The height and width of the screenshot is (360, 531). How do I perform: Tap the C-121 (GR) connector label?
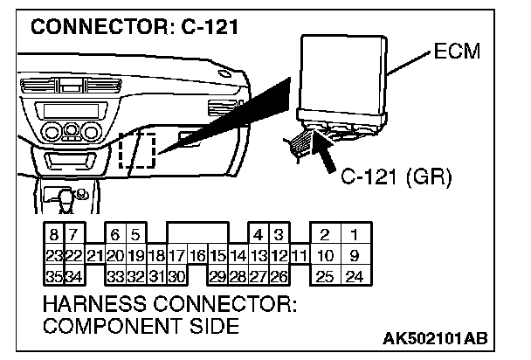pos(395,179)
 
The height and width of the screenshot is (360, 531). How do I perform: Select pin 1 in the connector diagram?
pos(355,235)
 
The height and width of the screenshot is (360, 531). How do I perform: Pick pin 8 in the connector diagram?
pos(54,235)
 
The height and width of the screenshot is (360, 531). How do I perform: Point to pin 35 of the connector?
pos(54,277)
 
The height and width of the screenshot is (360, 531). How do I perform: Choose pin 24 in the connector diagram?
pos(355,277)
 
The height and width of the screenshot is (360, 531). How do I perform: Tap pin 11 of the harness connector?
pos(298,256)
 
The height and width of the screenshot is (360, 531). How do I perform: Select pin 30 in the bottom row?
pos(176,277)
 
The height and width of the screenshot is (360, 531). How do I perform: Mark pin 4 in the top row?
pos(258,235)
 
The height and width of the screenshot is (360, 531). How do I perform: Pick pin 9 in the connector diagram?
pos(355,256)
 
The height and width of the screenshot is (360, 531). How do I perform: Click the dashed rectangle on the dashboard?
pos(137,152)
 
